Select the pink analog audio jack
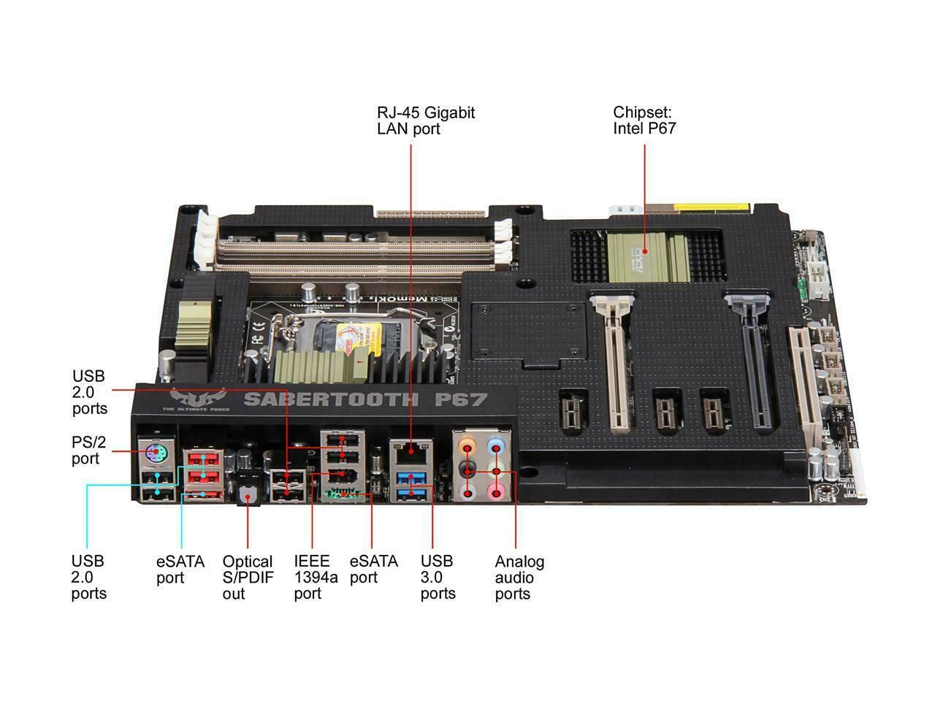pyautogui.click(x=497, y=490)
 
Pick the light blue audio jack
pyautogui.click(x=497, y=443)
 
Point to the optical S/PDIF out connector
pyautogui.click(x=248, y=497)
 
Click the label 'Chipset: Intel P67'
pyautogui.click(x=644, y=120)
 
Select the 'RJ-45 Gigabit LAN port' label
pyautogui.click(x=425, y=120)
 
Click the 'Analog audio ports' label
pyautogui.click(x=519, y=578)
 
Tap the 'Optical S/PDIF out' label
pyautogui.click(x=247, y=578)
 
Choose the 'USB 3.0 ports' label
pyautogui.click(x=438, y=577)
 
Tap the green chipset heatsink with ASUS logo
pyautogui.click(x=643, y=256)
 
